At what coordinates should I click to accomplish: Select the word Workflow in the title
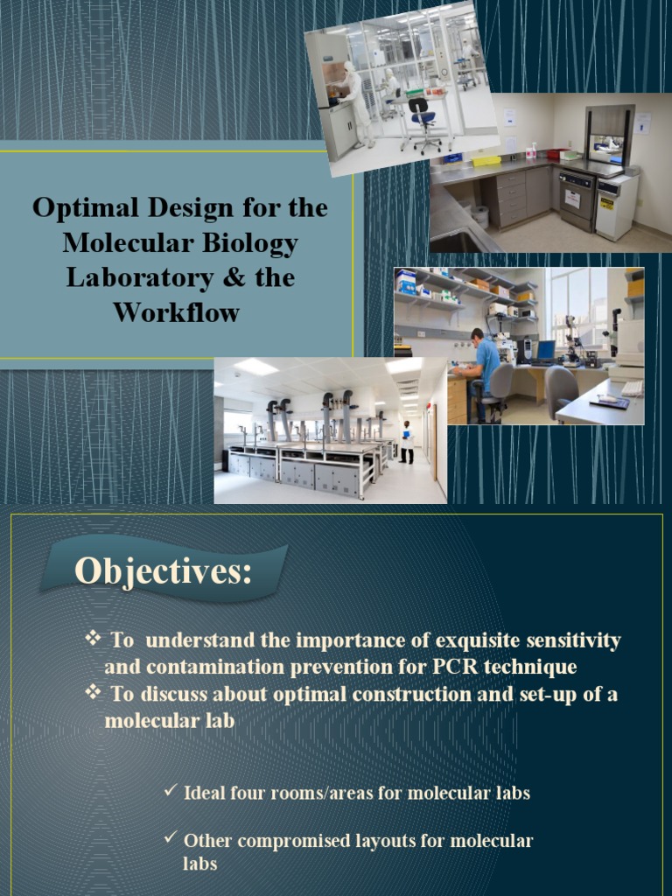179,312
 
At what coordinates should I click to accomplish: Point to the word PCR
455,667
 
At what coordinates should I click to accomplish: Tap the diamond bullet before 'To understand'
93,639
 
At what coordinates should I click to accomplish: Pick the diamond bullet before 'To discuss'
93,693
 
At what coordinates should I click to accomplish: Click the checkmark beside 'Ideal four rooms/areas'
171,792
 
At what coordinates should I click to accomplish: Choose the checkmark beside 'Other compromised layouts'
171,839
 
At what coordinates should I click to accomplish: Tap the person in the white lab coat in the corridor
406,441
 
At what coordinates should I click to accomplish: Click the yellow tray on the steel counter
486,161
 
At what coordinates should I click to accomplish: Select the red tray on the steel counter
553,154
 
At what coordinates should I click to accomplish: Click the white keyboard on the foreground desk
631,388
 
